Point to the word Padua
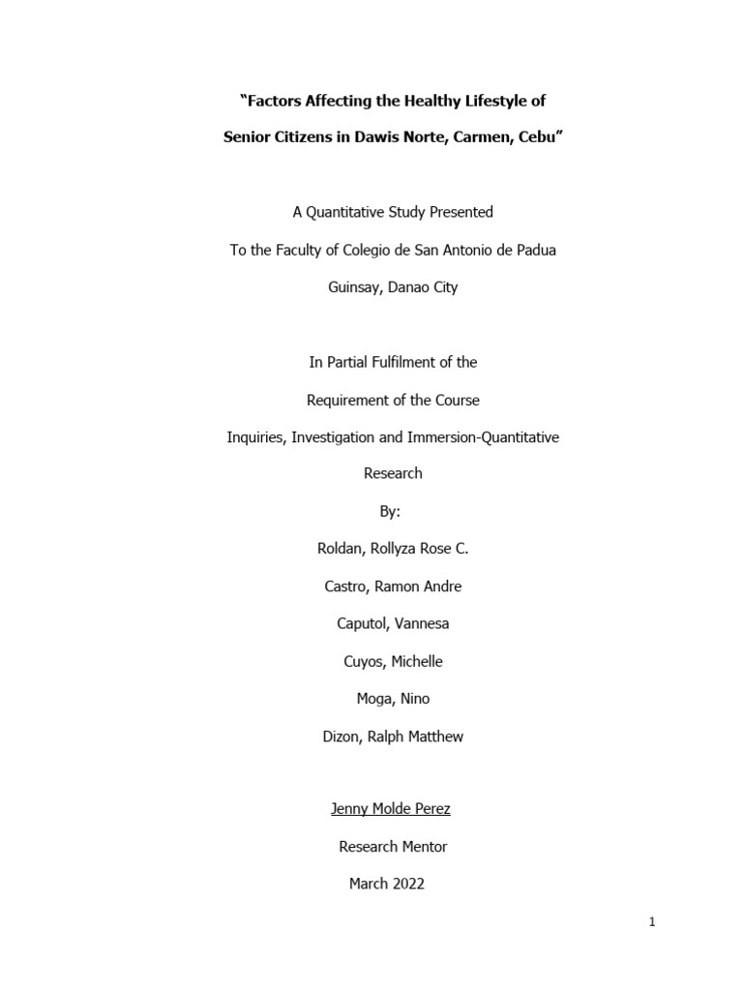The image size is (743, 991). pyautogui.click(x=535, y=250)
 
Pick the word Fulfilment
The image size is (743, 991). pyautogui.click(x=398, y=362)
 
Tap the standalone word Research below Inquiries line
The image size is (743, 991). pyautogui.click(x=393, y=474)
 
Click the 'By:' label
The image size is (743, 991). pyautogui.click(x=393, y=512)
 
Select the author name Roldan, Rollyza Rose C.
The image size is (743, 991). pyautogui.click(x=393, y=549)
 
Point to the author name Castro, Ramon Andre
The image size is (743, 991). pyautogui.click(x=393, y=586)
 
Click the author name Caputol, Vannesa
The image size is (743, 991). pyautogui.click(x=393, y=624)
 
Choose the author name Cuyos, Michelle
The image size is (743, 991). pyautogui.click(x=393, y=661)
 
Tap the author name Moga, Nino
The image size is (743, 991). pyautogui.click(x=393, y=699)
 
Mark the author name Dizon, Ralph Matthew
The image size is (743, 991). pyautogui.click(x=393, y=736)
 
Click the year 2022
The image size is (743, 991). pyautogui.click(x=408, y=884)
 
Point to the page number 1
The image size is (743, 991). pyautogui.click(x=652, y=922)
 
